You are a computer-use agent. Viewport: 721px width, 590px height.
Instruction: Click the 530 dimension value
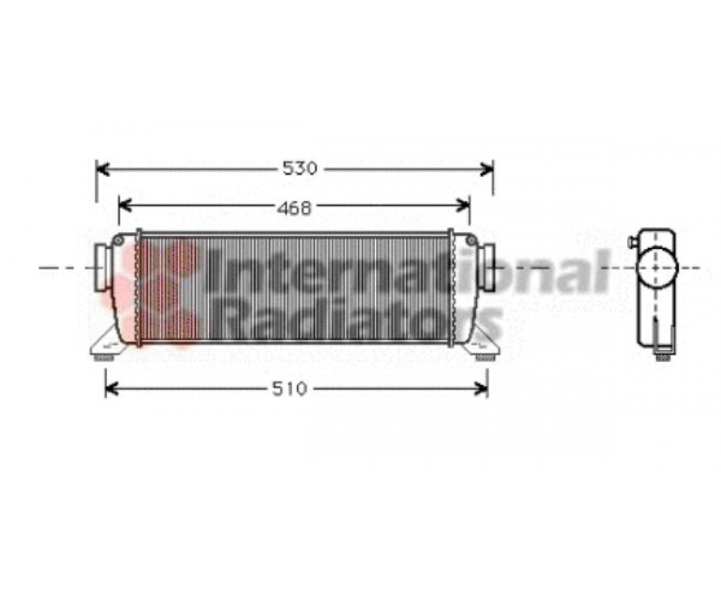point(300,168)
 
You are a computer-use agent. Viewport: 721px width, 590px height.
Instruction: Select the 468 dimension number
point(294,208)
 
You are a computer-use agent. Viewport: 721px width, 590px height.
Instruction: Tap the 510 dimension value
point(289,389)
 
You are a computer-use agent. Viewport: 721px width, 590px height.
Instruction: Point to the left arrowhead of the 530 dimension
point(102,168)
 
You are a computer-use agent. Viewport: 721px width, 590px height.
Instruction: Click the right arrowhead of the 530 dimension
point(486,168)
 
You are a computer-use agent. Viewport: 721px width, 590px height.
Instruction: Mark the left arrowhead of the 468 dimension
point(126,206)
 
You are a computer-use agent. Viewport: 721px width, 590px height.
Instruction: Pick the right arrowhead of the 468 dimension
point(463,206)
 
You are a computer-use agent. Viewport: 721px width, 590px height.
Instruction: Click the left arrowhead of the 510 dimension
point(113,389)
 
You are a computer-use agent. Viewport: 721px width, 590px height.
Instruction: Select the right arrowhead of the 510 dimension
point(480,389)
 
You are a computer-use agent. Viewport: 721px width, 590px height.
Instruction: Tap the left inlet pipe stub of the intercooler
point(101,267)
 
